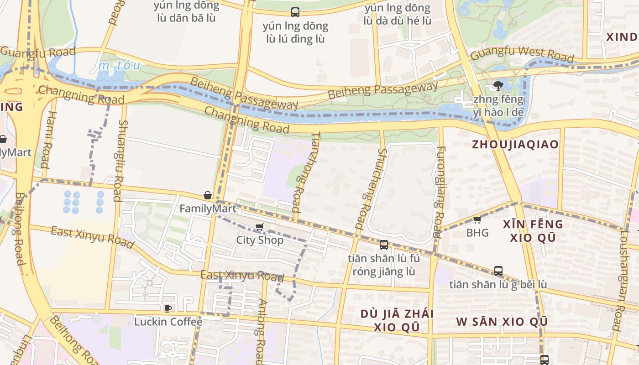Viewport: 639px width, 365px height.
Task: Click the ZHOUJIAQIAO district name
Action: coord(515,145)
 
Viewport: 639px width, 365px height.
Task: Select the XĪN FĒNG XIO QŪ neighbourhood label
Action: coord(533,231)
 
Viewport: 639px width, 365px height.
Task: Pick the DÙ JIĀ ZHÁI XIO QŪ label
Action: coord(396,320)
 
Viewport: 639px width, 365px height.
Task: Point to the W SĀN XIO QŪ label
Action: coord(502,322)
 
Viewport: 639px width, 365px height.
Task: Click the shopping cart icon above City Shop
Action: coord(260,227)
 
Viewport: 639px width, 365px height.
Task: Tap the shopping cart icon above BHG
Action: coord(477,220)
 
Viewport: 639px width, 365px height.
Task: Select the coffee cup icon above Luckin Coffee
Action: coord(168,308)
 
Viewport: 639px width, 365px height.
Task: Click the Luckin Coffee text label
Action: coord(168,322)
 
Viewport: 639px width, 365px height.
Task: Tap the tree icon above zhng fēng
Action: coord(498,85)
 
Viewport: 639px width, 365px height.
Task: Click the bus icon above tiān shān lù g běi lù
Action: coord(498,271)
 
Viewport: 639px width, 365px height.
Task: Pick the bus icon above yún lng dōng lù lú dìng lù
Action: coord(295,12)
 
